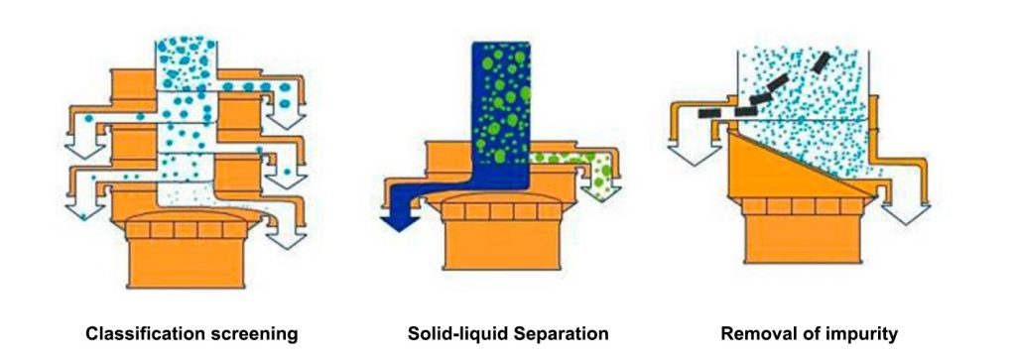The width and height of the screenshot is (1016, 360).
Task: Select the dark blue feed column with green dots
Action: (501, 110)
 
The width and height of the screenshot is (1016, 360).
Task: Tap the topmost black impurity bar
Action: (820, 62)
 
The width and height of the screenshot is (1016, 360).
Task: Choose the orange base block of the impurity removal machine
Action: (804, 238)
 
